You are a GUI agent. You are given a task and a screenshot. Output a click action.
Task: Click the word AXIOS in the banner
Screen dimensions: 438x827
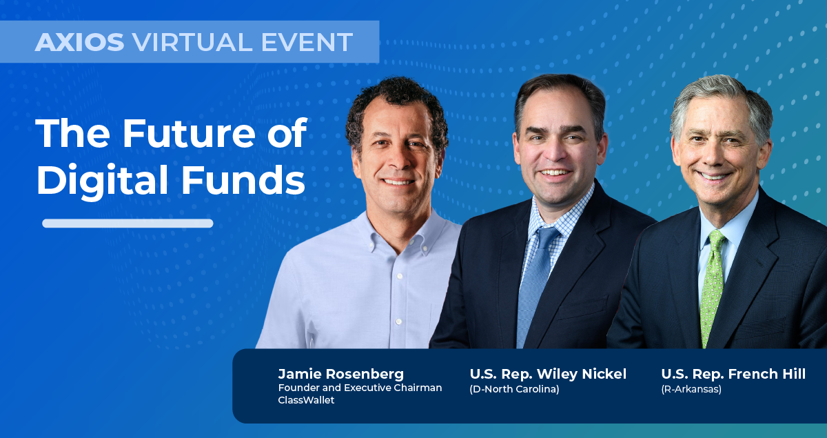point(79,42)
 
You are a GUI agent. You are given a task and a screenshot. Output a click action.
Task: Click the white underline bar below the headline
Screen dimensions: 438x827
point(127,223)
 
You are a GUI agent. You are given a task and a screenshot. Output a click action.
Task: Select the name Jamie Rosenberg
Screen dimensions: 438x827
point(340,374)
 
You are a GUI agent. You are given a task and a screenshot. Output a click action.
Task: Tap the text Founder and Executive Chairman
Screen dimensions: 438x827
point(360,388)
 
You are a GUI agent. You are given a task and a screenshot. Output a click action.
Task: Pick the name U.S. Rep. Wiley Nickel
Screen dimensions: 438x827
point(548,374)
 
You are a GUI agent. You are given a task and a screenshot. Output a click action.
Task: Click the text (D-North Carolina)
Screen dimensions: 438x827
point(514,389)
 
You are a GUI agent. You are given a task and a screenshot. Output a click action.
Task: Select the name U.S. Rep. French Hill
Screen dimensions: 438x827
point(733,374)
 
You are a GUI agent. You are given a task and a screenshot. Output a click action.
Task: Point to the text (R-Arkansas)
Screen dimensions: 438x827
point(691,389)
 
